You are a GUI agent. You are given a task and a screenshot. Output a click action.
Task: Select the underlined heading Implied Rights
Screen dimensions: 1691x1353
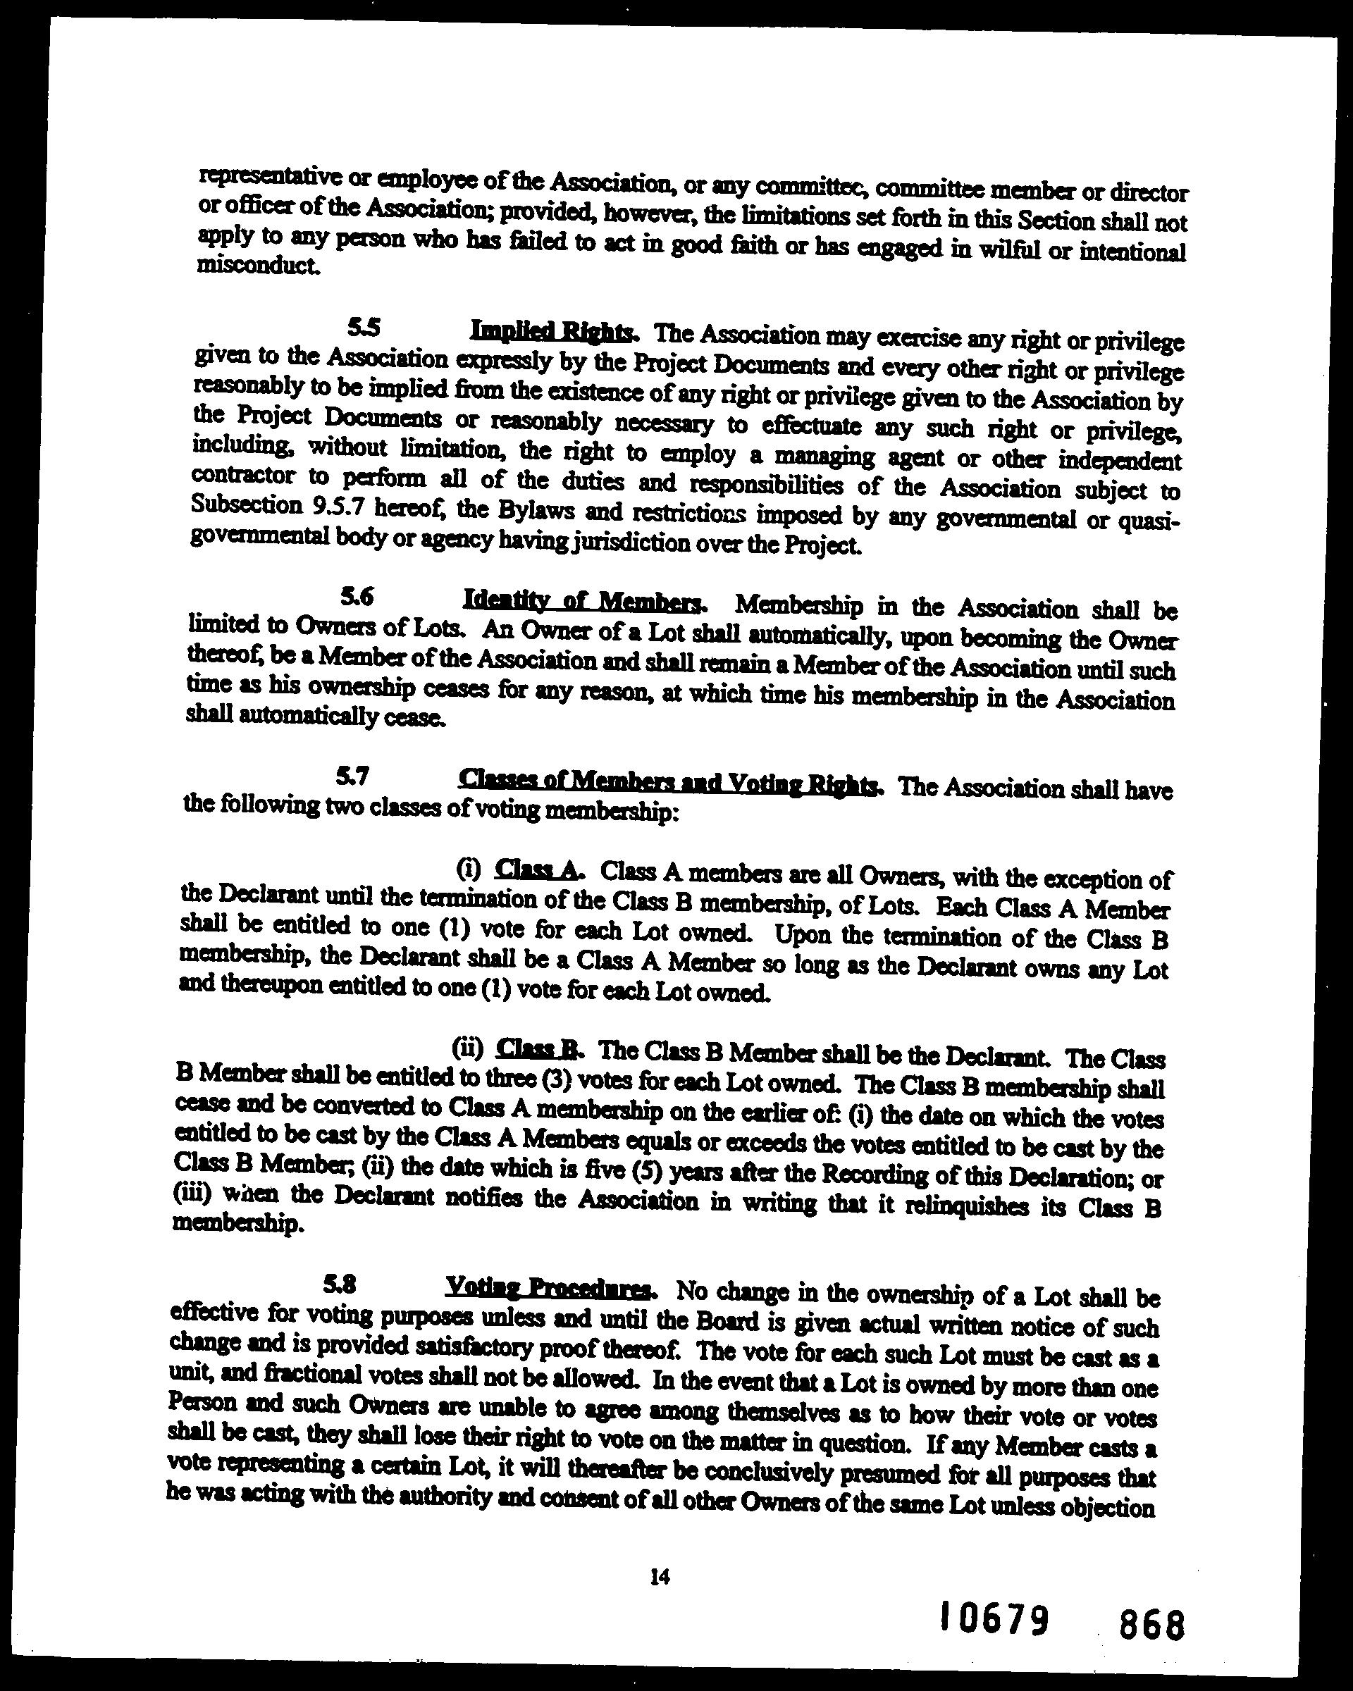click(x=551, y=331)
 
